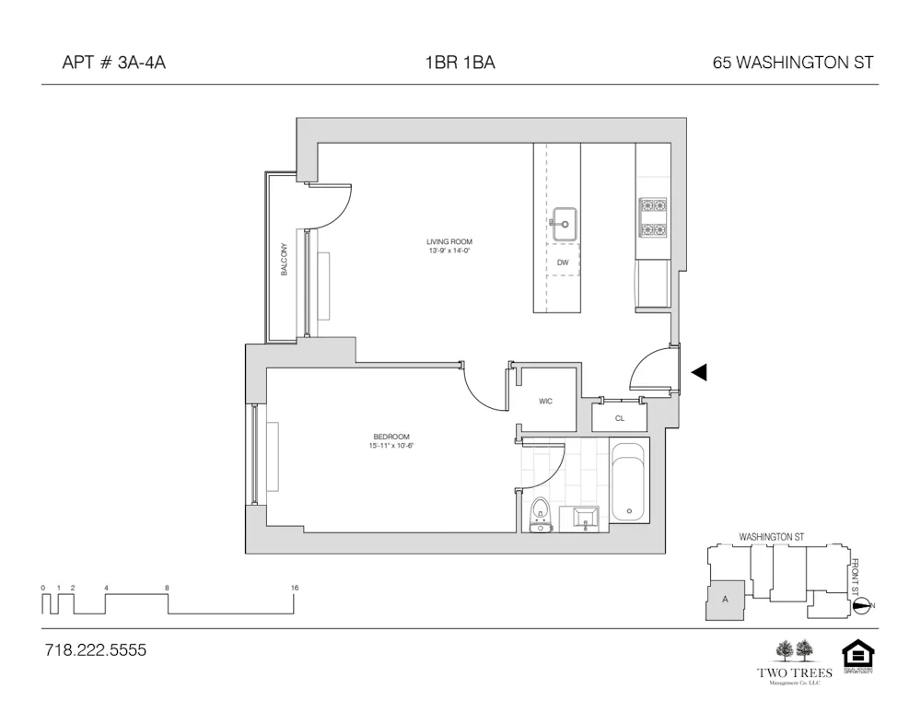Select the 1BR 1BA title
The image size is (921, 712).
point(460,64)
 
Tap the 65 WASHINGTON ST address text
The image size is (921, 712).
point(792,64)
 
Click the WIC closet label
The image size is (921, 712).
point(545,402)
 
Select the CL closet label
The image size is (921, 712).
point(620,418)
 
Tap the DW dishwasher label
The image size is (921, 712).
point(563,263)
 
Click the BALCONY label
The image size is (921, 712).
point(285,259)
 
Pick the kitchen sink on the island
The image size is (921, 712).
point(564,222)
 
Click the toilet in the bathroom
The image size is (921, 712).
point(541,513)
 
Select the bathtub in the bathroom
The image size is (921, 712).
point(630,484)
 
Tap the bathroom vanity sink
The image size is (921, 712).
point(584,519)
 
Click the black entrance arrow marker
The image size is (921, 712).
point(699,372)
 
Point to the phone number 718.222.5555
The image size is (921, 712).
point(96,650)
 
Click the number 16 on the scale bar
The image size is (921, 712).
point(295,588)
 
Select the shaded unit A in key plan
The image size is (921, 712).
point(725,601)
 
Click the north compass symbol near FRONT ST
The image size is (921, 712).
point(861,605)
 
